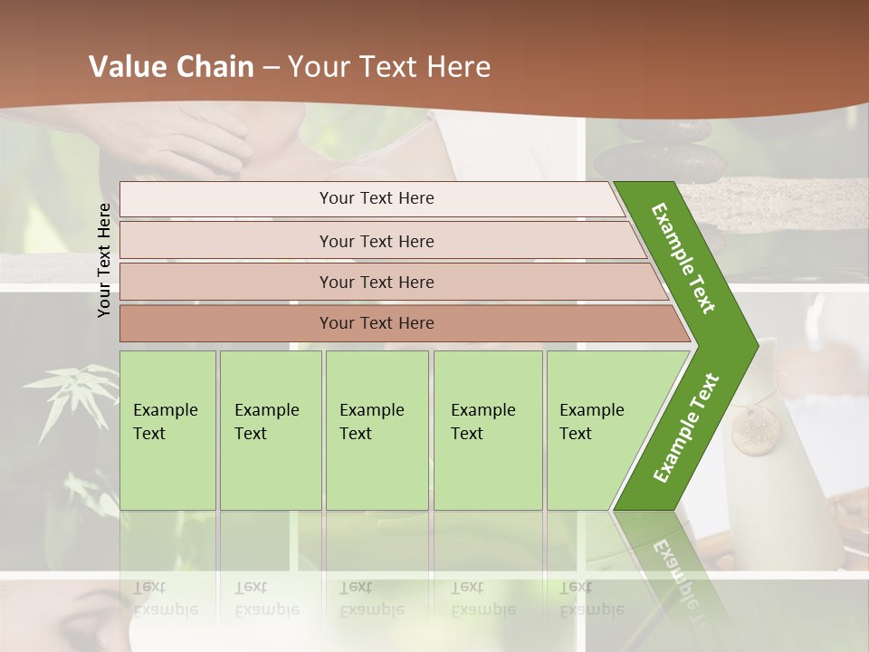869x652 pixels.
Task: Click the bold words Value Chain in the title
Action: tap(171, 67)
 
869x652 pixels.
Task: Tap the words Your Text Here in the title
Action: tap(389, 67)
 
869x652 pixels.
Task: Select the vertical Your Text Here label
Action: tap(104, 260)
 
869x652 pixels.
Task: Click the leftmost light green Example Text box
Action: tap(167, 430)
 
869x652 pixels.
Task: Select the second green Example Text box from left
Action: tap(271, 430)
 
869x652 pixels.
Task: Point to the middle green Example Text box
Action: tap(377, 430)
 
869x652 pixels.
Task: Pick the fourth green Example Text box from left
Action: tap(488, 430)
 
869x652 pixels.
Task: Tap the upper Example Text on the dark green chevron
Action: tap(684, 258)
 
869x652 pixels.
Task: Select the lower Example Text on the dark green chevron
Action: tap(686, 427)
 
